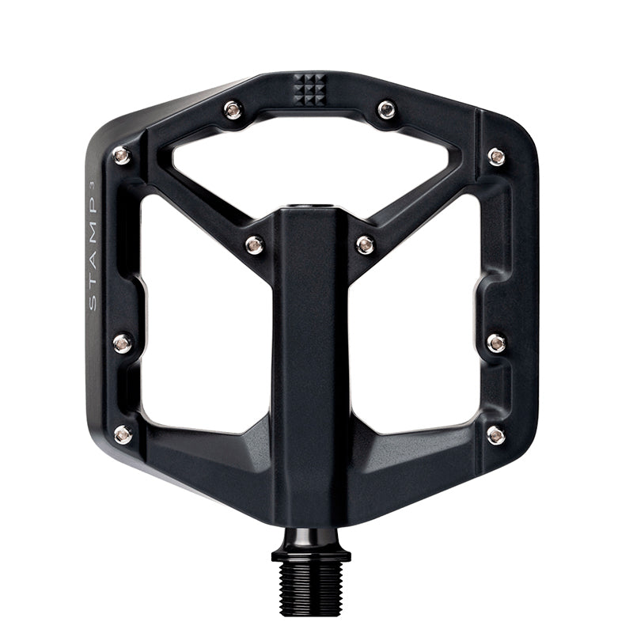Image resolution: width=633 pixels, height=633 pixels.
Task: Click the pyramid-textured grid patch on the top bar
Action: point(309,89)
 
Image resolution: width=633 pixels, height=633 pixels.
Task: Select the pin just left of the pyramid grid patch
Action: point(233,109)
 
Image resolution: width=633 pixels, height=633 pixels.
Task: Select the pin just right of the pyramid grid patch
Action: point(386,109)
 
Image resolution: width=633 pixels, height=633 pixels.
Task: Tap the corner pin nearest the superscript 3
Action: point(122,156)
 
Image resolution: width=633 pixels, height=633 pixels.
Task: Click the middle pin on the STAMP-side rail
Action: point(123,343)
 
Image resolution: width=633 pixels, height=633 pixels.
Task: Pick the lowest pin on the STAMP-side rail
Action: point(123,434)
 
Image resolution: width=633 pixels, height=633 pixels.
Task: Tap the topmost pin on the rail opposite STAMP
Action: point(496,156)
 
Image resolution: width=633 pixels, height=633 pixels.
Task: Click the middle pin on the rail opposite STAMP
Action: point(496,343)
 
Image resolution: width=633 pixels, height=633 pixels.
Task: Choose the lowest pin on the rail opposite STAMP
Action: point(496,434)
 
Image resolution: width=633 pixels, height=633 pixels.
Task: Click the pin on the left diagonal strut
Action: point(254,244)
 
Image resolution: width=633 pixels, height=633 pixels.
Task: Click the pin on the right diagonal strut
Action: point(365,244)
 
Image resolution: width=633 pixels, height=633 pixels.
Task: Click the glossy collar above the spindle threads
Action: point(311,546)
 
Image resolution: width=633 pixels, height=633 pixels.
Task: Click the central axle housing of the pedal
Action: point(310,356)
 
